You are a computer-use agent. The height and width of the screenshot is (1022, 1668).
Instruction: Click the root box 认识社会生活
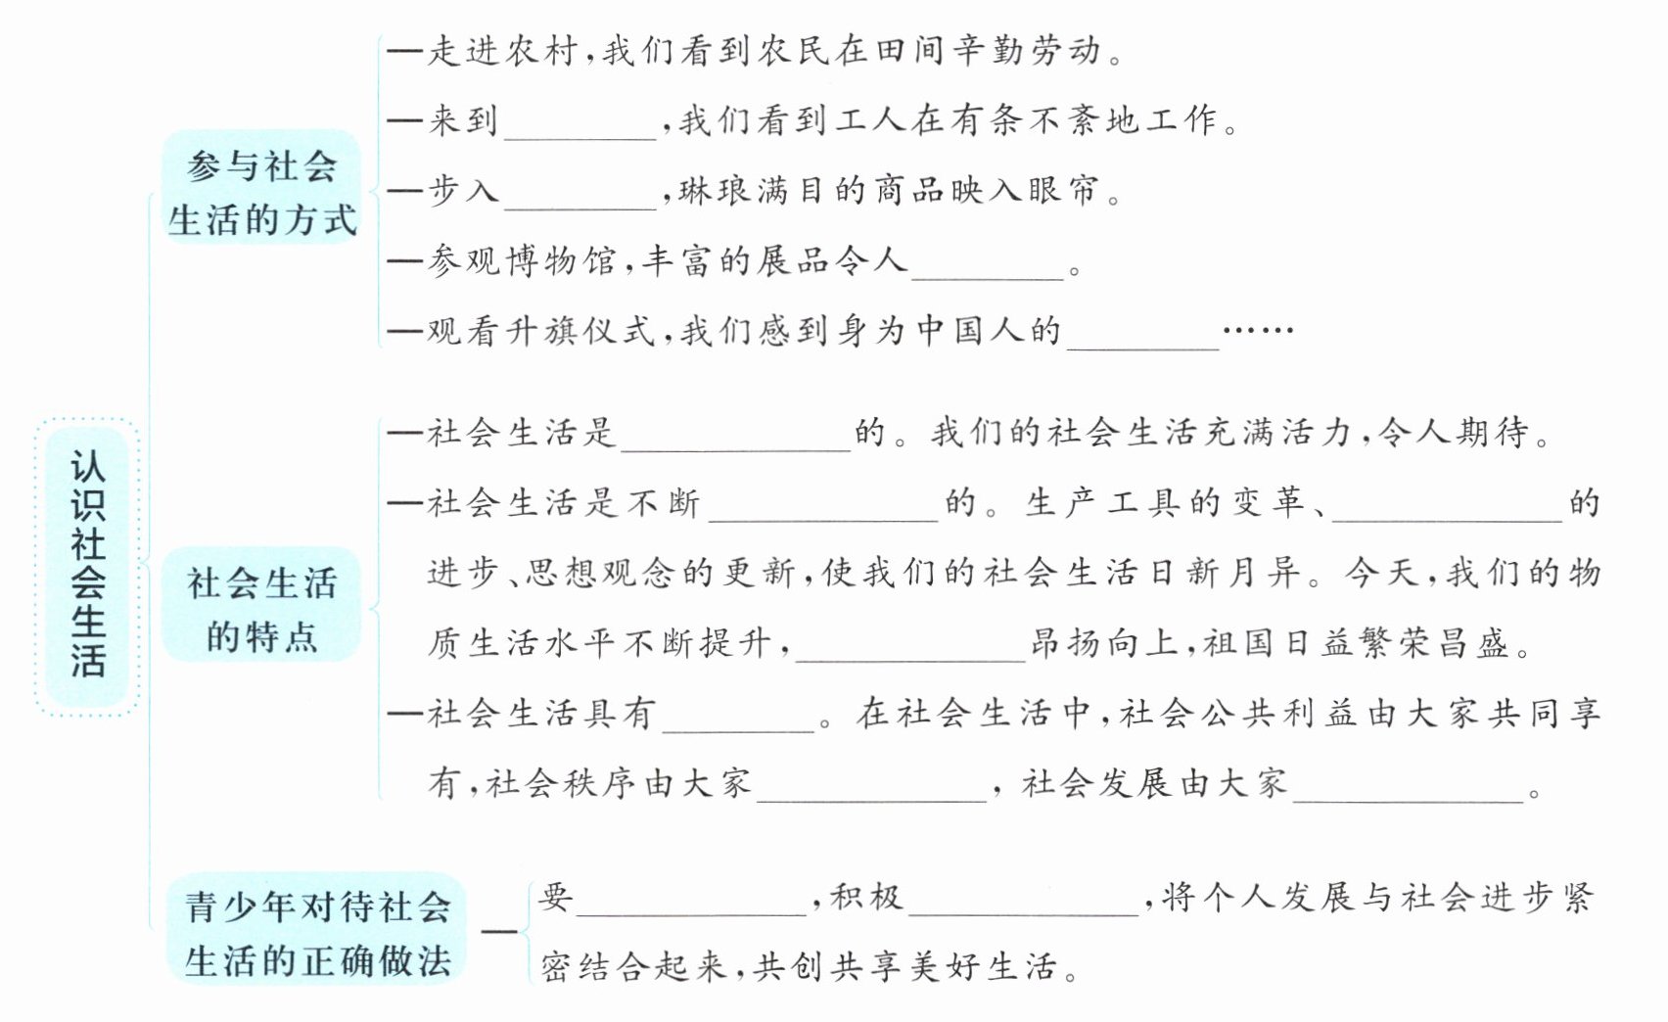tap(87, 566)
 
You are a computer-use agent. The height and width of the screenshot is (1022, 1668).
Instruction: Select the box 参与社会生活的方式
tap(261, 192)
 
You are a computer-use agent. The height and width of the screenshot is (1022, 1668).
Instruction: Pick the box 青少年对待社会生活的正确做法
tap(317, 934)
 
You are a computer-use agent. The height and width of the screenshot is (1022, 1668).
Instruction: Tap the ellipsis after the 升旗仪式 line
tap(1259, 331)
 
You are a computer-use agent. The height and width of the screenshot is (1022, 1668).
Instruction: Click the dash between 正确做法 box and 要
tap(498, 930)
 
